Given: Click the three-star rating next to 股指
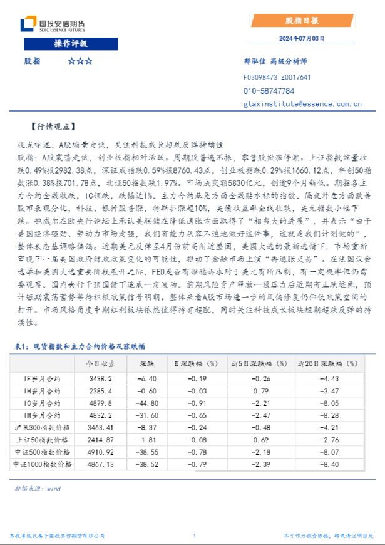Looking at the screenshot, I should (x=80, y=61).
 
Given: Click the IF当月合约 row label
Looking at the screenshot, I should (x=43, y=379).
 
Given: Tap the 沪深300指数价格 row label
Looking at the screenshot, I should (x=43, y=428).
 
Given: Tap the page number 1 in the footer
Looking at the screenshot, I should (x=195, y=536).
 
